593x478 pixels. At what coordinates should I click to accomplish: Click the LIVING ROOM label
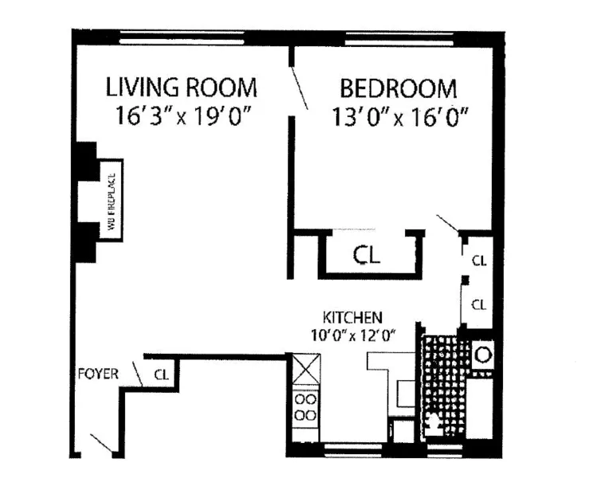[183, 86]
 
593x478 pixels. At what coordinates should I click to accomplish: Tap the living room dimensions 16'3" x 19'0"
[183, 116]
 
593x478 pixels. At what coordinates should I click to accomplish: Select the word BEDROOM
[399, 87]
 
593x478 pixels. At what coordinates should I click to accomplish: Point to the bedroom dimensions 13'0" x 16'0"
[399, 116]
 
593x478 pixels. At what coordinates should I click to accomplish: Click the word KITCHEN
[354, 315]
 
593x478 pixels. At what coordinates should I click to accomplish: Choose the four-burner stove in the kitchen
[304, 406]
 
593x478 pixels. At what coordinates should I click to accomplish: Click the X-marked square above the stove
[304, 369]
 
